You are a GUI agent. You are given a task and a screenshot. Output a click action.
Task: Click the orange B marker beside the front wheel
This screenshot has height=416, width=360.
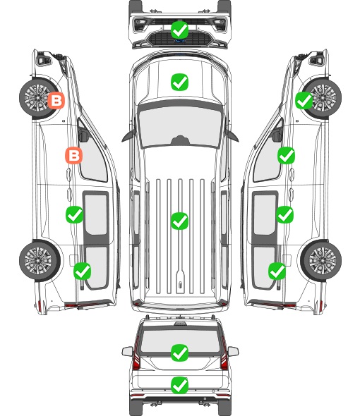[56, 101]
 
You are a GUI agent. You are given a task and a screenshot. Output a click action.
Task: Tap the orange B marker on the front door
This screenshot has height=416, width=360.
[74, 155]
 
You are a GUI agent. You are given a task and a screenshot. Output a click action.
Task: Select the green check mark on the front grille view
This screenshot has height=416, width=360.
[179, 30]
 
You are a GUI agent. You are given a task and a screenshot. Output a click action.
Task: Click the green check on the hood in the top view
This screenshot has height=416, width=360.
[179, 82]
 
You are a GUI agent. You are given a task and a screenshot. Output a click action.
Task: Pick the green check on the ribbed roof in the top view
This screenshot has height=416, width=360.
[179, 221]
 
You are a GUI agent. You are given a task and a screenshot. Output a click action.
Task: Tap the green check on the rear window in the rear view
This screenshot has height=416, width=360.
[179, 353]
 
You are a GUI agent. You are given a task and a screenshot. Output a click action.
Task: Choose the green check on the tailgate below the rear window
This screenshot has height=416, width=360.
[179, 385]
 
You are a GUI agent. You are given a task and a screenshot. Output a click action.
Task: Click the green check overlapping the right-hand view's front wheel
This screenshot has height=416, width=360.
[304, 101]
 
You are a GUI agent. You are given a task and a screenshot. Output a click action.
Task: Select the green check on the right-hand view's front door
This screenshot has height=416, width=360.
[286, 155]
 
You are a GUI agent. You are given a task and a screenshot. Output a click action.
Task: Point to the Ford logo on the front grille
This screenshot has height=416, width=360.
[179, 41]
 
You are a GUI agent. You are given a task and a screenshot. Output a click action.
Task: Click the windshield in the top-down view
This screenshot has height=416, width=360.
[180, 126]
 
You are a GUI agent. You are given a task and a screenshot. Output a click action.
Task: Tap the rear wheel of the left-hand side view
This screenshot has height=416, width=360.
[40, 261]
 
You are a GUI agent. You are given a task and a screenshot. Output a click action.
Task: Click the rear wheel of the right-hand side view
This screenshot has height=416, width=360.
[320, 261]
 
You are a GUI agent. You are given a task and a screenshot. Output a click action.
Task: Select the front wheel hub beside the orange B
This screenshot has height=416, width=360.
[37, 97]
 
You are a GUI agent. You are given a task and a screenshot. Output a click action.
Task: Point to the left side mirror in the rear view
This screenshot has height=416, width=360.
[128, 351]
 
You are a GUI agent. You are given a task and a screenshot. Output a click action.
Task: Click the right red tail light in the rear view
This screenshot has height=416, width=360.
[224, 355]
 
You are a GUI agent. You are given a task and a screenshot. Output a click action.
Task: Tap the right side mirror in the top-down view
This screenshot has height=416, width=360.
[232, 135]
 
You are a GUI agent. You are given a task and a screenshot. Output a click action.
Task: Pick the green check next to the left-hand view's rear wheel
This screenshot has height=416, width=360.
[82, 271]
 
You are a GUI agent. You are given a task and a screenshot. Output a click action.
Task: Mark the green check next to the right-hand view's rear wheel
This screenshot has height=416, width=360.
[277, 271]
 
